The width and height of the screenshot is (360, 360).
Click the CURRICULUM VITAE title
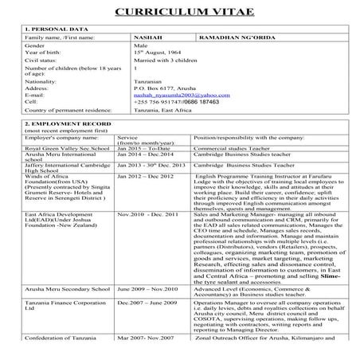click(179, 11)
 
